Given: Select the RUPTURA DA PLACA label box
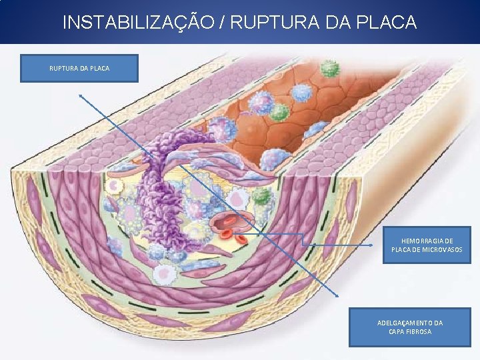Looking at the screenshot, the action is [x=79, y=68].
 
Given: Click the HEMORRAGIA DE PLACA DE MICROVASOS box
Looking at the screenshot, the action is [x=426, y=245].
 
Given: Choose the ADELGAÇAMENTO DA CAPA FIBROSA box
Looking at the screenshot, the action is [x=409, y=327].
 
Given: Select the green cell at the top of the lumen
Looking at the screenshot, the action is [x=329, y=68].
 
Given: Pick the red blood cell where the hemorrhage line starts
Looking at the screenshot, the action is [x=238, y=233].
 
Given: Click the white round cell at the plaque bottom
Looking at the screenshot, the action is [x=164, y=273].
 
